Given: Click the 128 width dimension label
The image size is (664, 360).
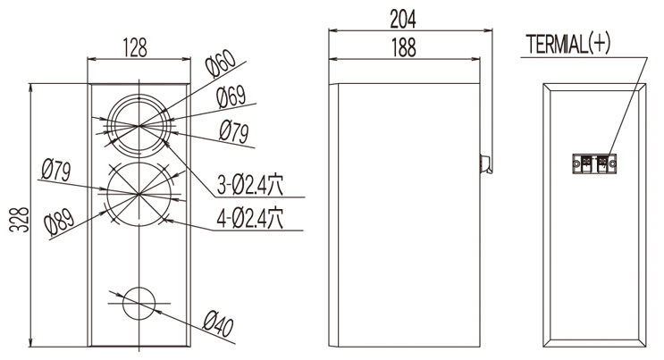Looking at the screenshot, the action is (x=135, y=47).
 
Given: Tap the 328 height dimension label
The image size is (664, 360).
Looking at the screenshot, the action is (x=19, y=220).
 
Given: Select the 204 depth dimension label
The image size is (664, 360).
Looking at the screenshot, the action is (x=403, y=19).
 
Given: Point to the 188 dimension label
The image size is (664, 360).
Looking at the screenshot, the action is (x=404, y=47).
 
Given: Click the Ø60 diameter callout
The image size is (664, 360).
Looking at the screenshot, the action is (x=220, y=64).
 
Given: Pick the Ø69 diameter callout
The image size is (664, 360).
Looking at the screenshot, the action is (x=231, y=97).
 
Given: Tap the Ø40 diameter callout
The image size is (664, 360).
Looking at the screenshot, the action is (x=218, y=324).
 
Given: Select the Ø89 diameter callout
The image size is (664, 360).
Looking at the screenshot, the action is (x=59, y=222).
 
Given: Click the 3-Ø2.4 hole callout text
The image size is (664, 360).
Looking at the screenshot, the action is (x=250, y=184).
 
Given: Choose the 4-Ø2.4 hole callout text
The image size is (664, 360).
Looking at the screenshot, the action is (x=250, y=218).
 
